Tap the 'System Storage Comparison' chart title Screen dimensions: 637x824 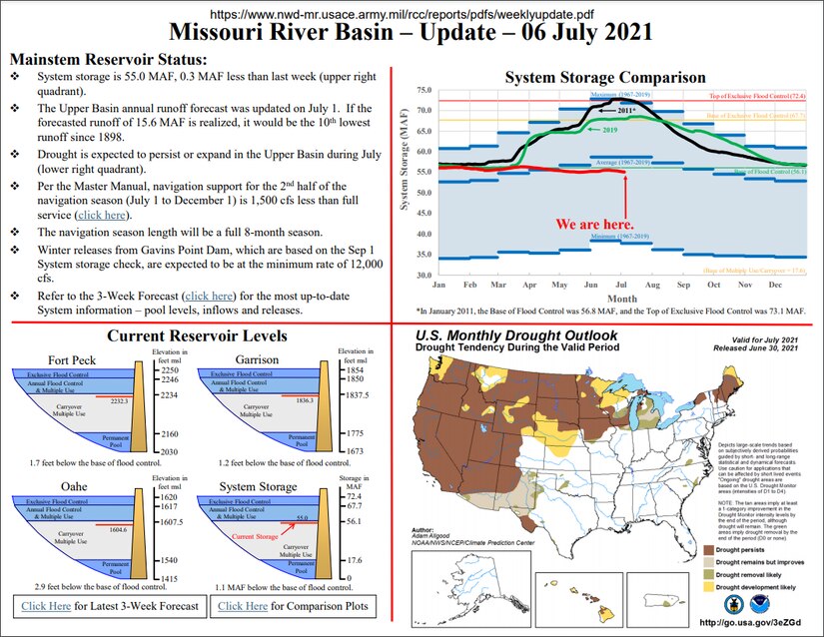[x=605, y=77]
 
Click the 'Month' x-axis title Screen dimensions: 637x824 [x=621, y=299]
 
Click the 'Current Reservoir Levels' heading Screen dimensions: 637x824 [x=197, y=335]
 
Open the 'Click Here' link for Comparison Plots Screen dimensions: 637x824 [x=243, y=606]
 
